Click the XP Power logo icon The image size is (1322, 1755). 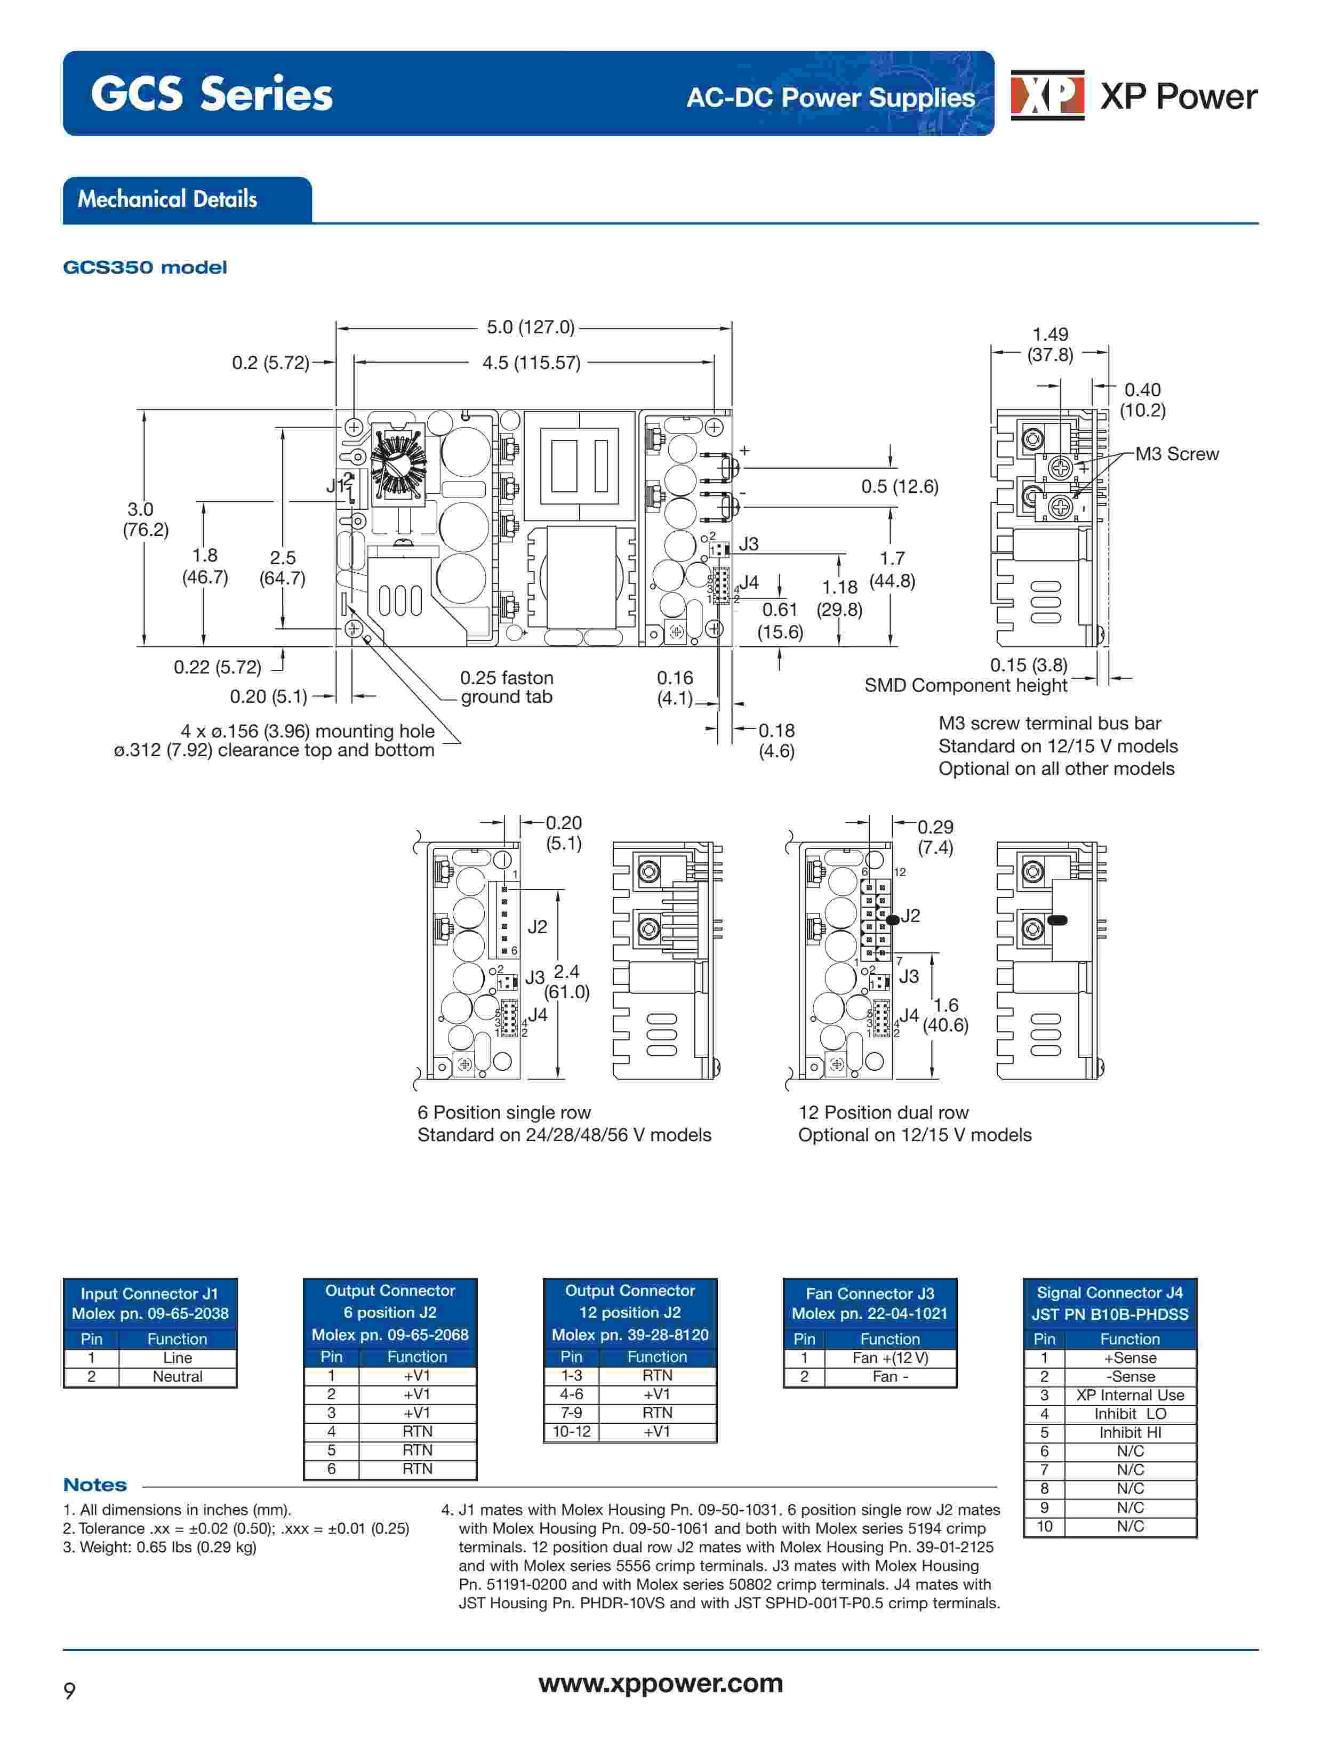click(x=1047, y=95)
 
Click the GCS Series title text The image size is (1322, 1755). click(x=211, y=94)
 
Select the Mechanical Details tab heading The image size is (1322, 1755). click(x=167, y=199)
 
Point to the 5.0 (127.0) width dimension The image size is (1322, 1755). click(x=530, y=327)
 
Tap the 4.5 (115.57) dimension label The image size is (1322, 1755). click(x=531, y=363)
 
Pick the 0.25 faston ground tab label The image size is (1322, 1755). click(x=506, y=687)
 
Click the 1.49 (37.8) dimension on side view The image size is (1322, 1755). click(x=1050, y=344)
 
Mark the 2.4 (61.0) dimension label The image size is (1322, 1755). click(x=566, y=981)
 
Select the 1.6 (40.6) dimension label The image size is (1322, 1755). click(x=945, y=1015)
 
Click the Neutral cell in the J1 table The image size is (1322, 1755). click(x=177, y=1376)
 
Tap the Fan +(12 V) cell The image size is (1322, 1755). click(x=890, y=1358)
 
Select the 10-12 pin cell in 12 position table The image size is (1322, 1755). click(x=571, y=1431)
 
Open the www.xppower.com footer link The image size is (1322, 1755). click(x=660, y=1683)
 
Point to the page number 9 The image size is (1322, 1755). click(x=70, y=1690)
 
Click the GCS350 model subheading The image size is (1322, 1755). click(x=145, y=267)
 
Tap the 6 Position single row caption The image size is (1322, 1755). click(x=504, y=1112)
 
